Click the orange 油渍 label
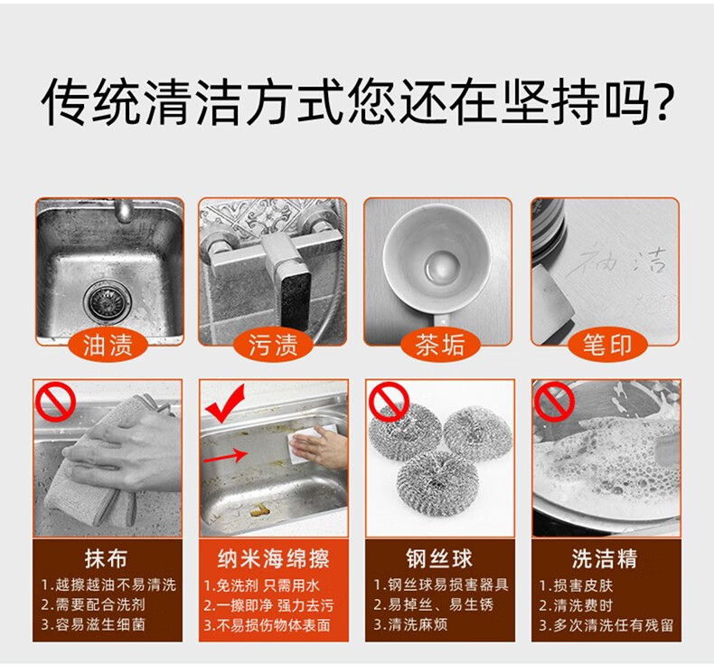coord(108,344)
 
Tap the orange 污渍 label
coord(273,344)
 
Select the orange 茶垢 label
coord(439,344)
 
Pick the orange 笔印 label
coord(607,344)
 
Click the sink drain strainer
coord(108,301)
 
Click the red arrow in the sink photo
coord(226,455)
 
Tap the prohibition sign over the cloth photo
coord(56,402)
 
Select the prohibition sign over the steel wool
coord(390,402)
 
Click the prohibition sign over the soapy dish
coord(555,402)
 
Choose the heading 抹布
coord(106,558)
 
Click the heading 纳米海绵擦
coord(273,558)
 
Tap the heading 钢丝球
coord(439,558)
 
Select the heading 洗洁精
coord(605,558)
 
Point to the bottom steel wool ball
coord(437,482)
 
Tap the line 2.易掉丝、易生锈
coord(434,604)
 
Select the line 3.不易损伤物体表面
coord(267,625)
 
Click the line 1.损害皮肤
coord(576,585)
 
